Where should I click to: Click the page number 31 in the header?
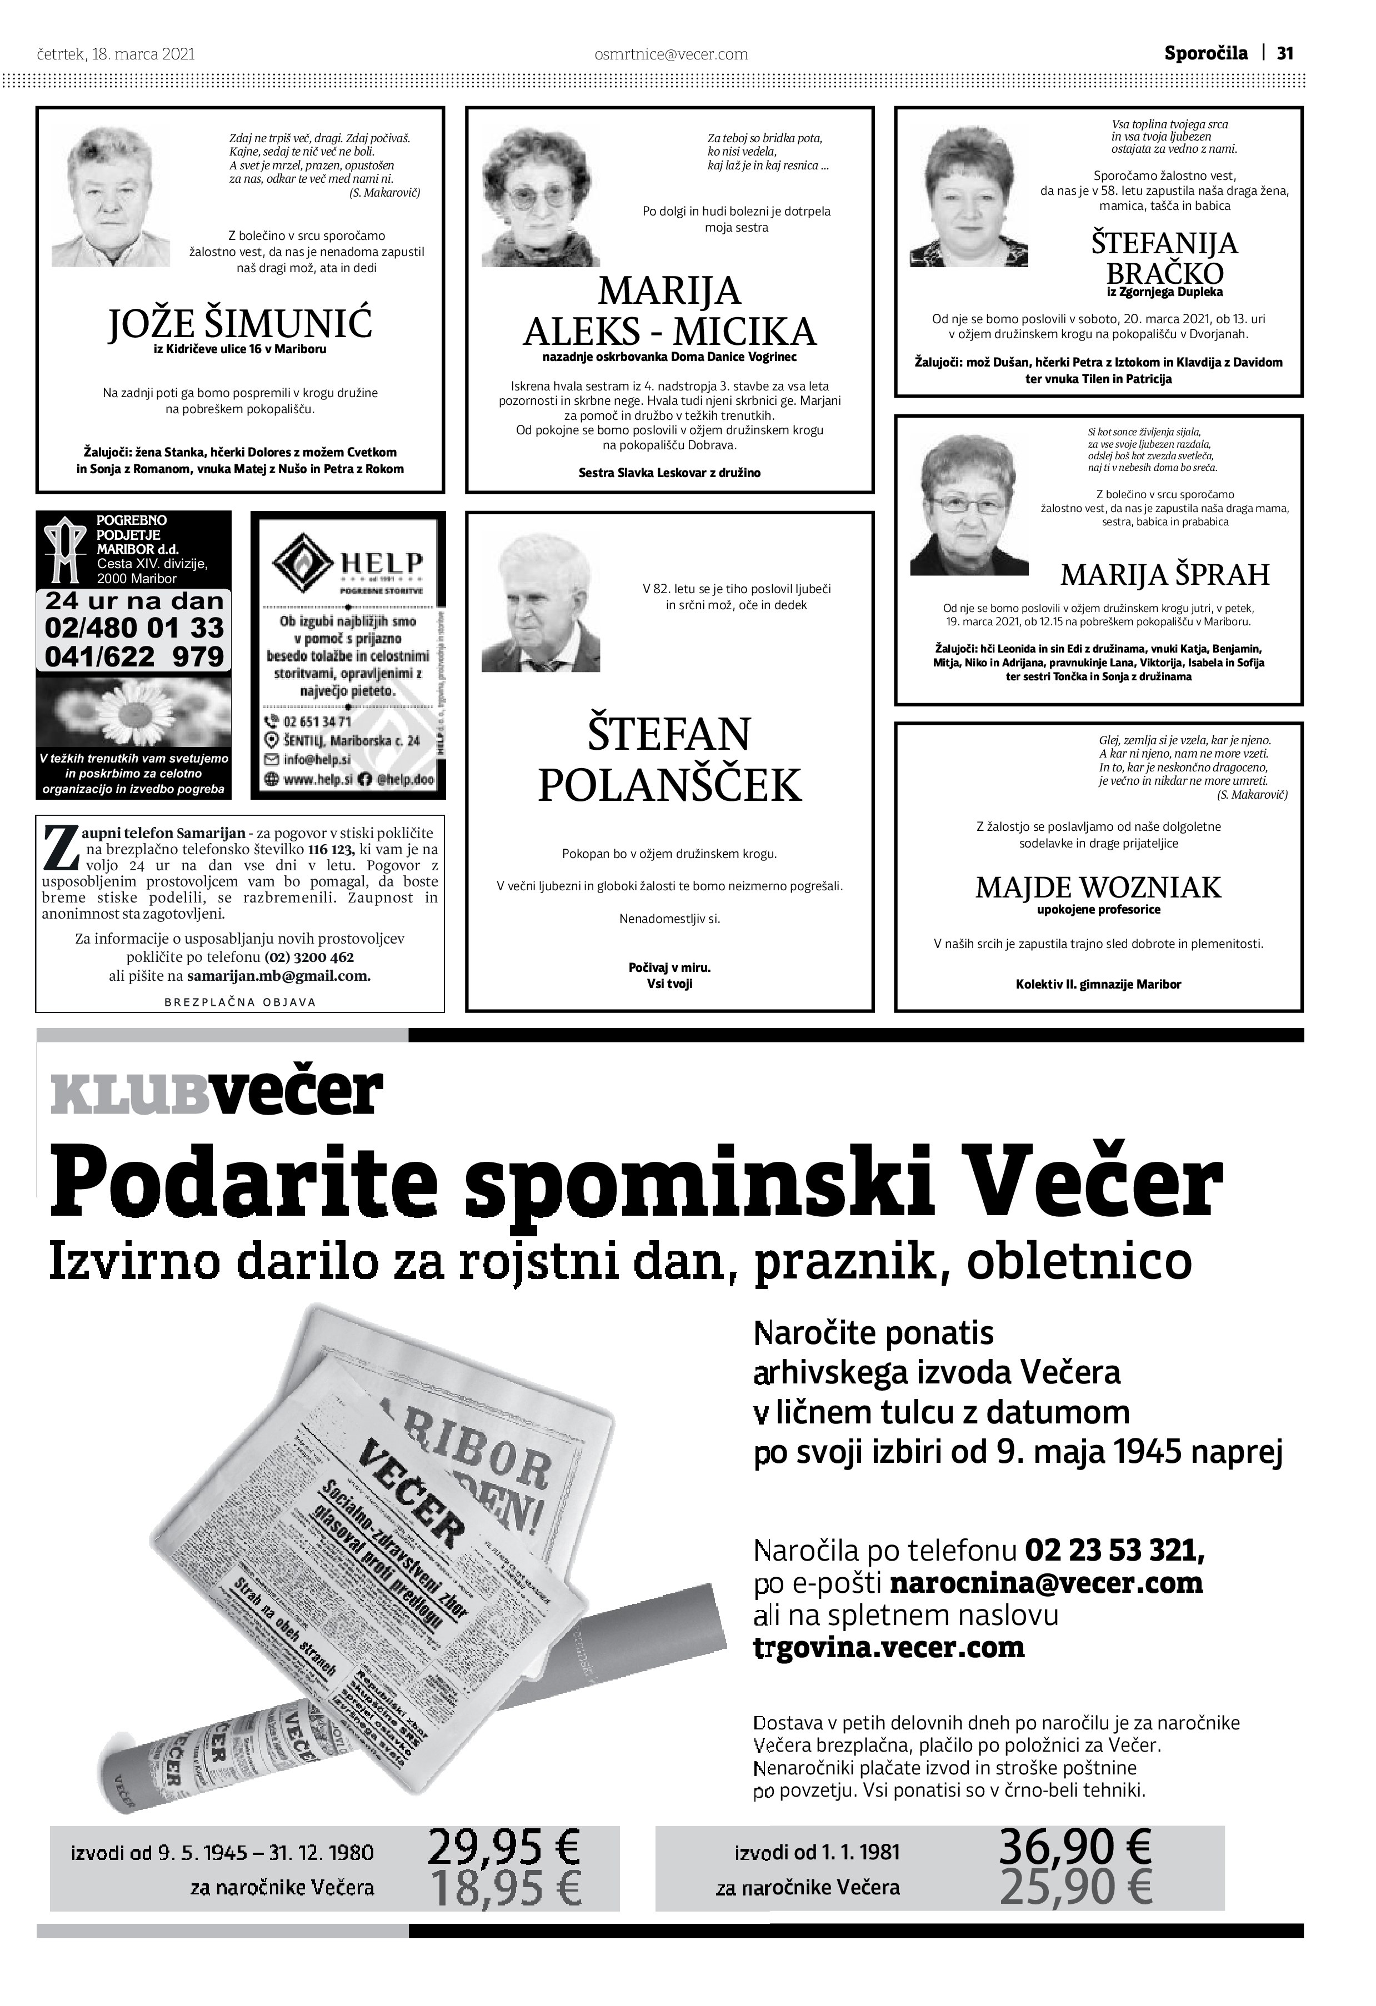tap(1284, 53)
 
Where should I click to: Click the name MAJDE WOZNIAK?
tap(1098, 887)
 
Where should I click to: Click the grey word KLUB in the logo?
tap(129, 1095)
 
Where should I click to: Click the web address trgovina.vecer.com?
tap(889, 1647)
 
